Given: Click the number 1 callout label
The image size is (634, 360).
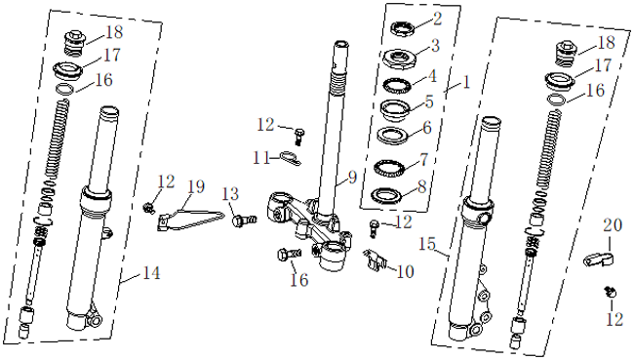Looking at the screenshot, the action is tap(466, 83).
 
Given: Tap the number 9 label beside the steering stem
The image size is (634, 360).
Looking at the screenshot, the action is tap(352, 177).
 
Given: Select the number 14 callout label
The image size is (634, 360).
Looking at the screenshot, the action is tap(151, 273).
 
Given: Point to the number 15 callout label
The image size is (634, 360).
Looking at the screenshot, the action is tap(427, 244).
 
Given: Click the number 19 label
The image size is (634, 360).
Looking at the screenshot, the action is tap(196, 186).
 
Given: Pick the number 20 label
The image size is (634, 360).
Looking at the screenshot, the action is tap(613, 225).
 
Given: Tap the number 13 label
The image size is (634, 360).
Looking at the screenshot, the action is tap(230, 194).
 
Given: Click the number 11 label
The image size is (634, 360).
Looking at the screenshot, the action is tap(261, 157).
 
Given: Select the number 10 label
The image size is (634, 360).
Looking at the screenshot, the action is tap(405, 272).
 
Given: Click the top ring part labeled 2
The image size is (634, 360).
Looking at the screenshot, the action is tap(403, 28).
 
